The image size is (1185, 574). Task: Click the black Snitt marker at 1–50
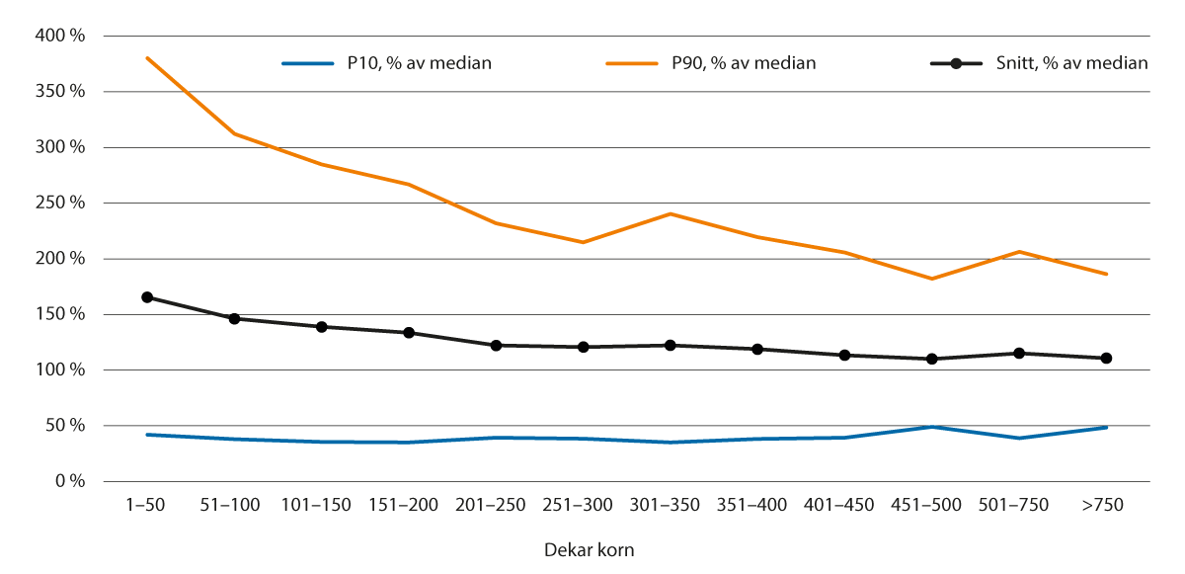[x=147, y=297]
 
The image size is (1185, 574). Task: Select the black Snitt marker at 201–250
[x=496, y=346]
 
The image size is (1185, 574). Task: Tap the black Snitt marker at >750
[x=1106, y=359]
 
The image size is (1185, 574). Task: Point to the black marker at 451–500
[x=931, y=359]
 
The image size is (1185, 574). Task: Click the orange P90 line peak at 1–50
[x=147, y=58]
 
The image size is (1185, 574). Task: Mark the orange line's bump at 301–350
[x=671, y=213]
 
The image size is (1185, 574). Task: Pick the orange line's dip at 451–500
[x=931, y=279]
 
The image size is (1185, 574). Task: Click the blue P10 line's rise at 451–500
[x=931, y=427]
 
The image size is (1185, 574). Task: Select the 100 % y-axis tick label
[x=63, y=369]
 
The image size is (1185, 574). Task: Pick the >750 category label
[x=1102, y=506]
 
